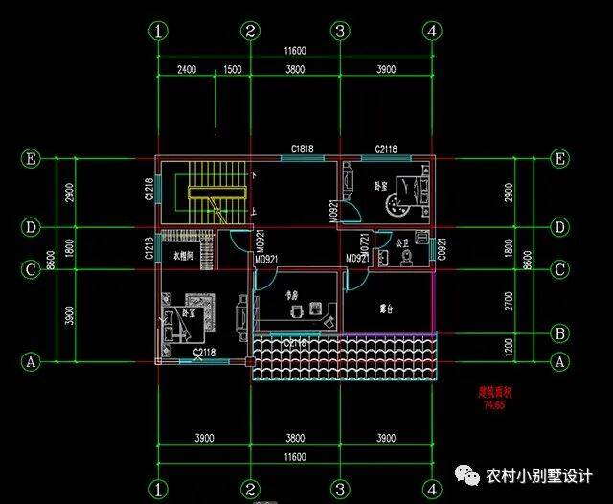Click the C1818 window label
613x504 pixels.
304,149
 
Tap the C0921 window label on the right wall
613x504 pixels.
442,251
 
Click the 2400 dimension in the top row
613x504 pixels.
188,70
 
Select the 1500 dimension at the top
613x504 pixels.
231,70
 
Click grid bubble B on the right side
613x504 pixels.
559,333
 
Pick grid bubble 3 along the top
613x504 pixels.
339,31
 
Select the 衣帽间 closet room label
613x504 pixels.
184,256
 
